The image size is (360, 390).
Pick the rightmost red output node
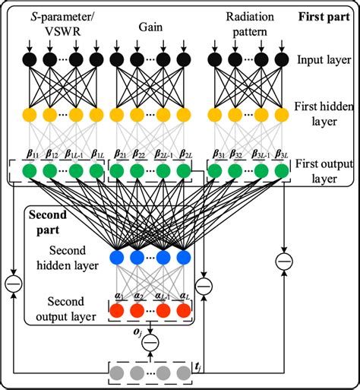pyautogui.click(x=182, y=310)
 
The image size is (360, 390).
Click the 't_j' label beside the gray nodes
pyautogui.click(x=197, y=367)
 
